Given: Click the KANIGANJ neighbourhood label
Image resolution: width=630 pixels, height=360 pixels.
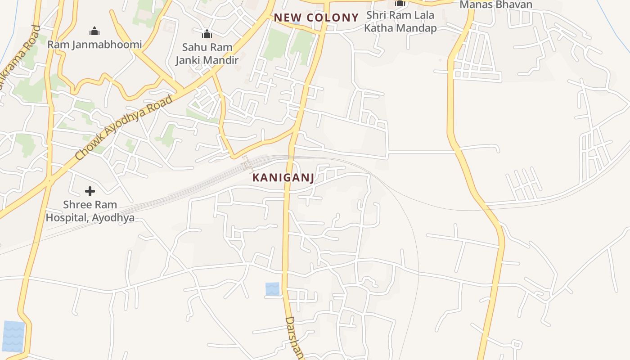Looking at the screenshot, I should coord(283,178).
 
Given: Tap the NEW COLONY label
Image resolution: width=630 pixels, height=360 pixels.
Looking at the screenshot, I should coord(316,18).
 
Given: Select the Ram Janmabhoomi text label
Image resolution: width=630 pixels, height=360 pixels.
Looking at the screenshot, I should coord(94,45).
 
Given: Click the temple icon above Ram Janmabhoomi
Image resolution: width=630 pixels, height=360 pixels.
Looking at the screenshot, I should coord(94,31).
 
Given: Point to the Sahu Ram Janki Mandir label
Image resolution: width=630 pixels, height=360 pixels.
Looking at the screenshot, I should coord(207,53).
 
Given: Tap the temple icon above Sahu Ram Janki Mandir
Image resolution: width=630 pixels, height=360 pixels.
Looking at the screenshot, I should coord(207,34).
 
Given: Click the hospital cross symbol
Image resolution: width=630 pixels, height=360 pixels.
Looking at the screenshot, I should coord(90,191).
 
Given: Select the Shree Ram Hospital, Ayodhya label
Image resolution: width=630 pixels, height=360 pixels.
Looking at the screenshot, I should coord(90,211).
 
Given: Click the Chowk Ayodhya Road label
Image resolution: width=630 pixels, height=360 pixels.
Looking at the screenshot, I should coord(124,128).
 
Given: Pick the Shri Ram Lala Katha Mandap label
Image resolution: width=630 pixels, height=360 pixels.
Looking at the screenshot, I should coord(400,22).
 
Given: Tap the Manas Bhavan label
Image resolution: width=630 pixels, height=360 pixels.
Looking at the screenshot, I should coord(495,5).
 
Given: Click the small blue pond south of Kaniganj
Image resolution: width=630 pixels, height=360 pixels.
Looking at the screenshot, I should coord(272,289).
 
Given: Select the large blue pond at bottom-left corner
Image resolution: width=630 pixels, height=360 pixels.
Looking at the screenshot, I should coord(13,336).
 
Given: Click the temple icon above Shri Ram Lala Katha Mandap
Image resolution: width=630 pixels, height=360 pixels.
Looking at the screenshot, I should coord(400,4).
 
